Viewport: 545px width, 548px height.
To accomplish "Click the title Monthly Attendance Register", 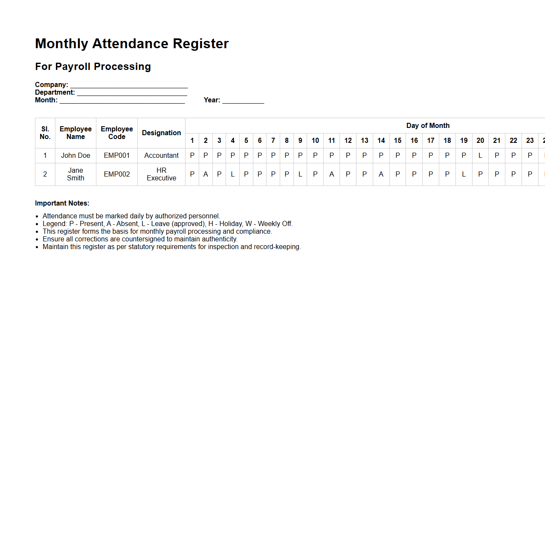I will point(132,43).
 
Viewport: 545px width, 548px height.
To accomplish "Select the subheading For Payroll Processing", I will point(93,67).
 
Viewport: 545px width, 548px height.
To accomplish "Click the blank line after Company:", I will point(129,85).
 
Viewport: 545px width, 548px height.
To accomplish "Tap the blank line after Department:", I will point(132,93).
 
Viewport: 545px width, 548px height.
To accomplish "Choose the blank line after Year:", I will point(243,101).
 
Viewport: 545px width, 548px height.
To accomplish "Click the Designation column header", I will point(161,133).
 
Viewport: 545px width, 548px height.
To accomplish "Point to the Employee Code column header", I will point(117,133).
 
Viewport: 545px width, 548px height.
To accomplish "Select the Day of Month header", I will point(428,125).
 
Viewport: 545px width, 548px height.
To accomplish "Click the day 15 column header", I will point(397,140).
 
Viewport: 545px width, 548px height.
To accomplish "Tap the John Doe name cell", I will point(75,155).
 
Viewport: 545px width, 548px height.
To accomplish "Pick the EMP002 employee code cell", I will point(117,174).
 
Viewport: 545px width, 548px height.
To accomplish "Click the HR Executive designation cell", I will point(161,174).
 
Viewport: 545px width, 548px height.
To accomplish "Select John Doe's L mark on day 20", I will point(480,155).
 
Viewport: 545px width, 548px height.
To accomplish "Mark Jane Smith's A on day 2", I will point(206,174).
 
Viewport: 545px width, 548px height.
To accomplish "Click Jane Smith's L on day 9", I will point(300,174).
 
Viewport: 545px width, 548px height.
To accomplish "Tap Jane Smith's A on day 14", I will point(381,174).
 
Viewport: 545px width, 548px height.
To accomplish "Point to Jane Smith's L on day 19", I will point(464,174).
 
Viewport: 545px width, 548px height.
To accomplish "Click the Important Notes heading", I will point(62,203).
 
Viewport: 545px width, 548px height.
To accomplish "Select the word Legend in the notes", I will point(54,223).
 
